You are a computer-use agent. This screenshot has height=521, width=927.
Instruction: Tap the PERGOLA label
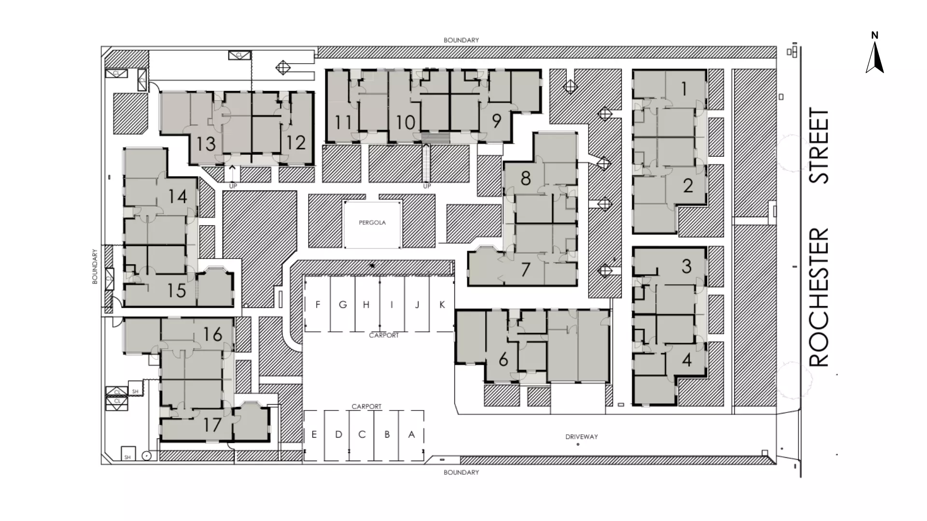372,223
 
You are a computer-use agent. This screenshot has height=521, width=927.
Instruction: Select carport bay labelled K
442,304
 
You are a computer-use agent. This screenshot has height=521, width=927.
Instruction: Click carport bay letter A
411,435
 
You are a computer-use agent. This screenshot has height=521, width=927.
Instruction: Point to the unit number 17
212,425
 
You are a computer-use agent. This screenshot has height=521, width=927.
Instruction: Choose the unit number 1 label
684,89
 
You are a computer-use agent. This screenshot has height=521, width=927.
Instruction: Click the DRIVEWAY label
581,437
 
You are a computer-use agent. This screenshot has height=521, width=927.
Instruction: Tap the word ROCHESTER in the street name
819,297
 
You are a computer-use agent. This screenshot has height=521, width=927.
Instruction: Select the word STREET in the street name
819,146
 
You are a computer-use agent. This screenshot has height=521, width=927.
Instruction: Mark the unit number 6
503,359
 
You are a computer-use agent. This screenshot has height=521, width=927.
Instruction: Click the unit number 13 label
206,144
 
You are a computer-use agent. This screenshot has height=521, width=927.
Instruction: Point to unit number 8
526,178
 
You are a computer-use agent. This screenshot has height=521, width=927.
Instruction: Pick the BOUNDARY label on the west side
95,266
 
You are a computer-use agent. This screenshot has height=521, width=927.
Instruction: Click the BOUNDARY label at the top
461,40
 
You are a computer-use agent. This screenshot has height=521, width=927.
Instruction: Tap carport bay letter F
318,304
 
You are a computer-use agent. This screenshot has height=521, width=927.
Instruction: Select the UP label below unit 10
427,186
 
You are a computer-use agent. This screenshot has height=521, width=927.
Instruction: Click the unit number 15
177,290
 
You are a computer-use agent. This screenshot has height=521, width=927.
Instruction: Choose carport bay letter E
314,435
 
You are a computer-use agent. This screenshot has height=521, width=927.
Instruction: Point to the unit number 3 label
687,266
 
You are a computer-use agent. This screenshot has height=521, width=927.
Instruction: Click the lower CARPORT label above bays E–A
366,407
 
